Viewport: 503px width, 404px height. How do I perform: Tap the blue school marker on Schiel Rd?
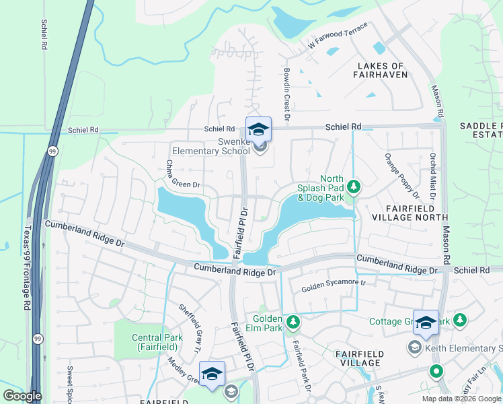click(x=258, y=127)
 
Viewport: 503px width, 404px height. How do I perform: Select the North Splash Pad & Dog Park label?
click(x=321, y=188)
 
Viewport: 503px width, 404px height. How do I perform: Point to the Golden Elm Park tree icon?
click(x=293, y=322)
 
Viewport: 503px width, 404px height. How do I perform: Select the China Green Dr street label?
click(x=183, y=174)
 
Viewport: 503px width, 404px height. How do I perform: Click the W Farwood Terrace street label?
click(x=338, y=36)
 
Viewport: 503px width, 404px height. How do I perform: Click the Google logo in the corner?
click(x=22, y=396)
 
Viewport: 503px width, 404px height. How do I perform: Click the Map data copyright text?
click(x=462, y=399)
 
